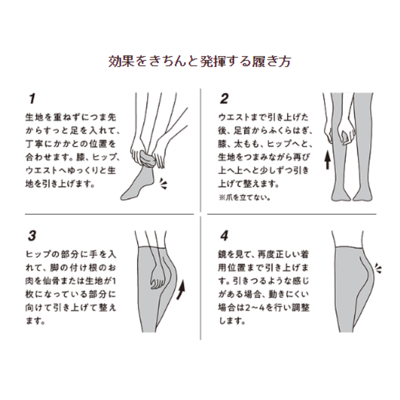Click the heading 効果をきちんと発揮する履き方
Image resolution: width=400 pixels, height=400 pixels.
200,61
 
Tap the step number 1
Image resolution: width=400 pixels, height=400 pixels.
32,99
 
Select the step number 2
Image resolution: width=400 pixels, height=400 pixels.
224,99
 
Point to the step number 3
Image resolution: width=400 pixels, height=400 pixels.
32,236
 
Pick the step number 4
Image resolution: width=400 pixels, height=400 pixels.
224,236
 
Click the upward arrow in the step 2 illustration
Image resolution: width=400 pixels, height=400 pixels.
327,160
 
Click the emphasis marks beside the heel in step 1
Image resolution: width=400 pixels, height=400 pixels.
163,184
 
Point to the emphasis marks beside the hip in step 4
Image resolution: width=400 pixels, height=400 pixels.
379,269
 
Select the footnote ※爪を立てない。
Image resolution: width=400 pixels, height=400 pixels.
244,197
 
